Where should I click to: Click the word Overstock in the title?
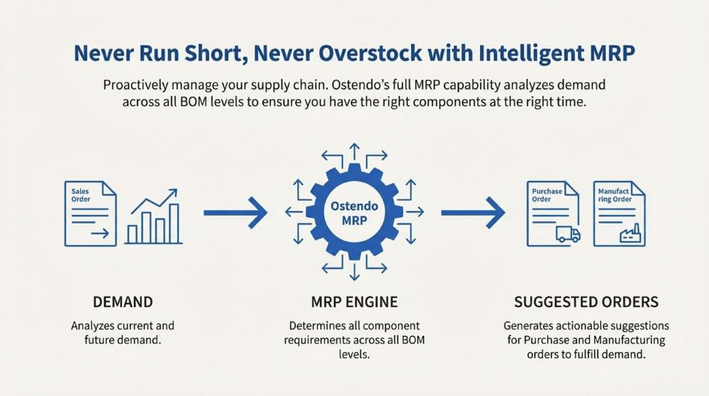click(369, 53)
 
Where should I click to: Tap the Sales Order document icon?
click(91, 214)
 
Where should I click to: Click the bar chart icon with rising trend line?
click(154, 216)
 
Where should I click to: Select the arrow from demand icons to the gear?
click(235, 212)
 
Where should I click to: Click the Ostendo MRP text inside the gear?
click(354, 213)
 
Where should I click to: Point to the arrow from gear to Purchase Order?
click(473, 212)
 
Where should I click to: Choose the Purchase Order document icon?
click(553, 214)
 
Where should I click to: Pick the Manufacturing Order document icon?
click(619, 214)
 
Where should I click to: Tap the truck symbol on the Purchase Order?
click(568, 234)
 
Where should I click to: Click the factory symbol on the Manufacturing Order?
click(630, 234)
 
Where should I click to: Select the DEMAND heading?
click(123, 302)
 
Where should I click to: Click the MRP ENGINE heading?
click(354, 302)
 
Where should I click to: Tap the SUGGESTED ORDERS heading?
click(586, 302)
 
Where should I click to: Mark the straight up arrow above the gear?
click(354, 153)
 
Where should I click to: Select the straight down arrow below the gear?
click(354, 271)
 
